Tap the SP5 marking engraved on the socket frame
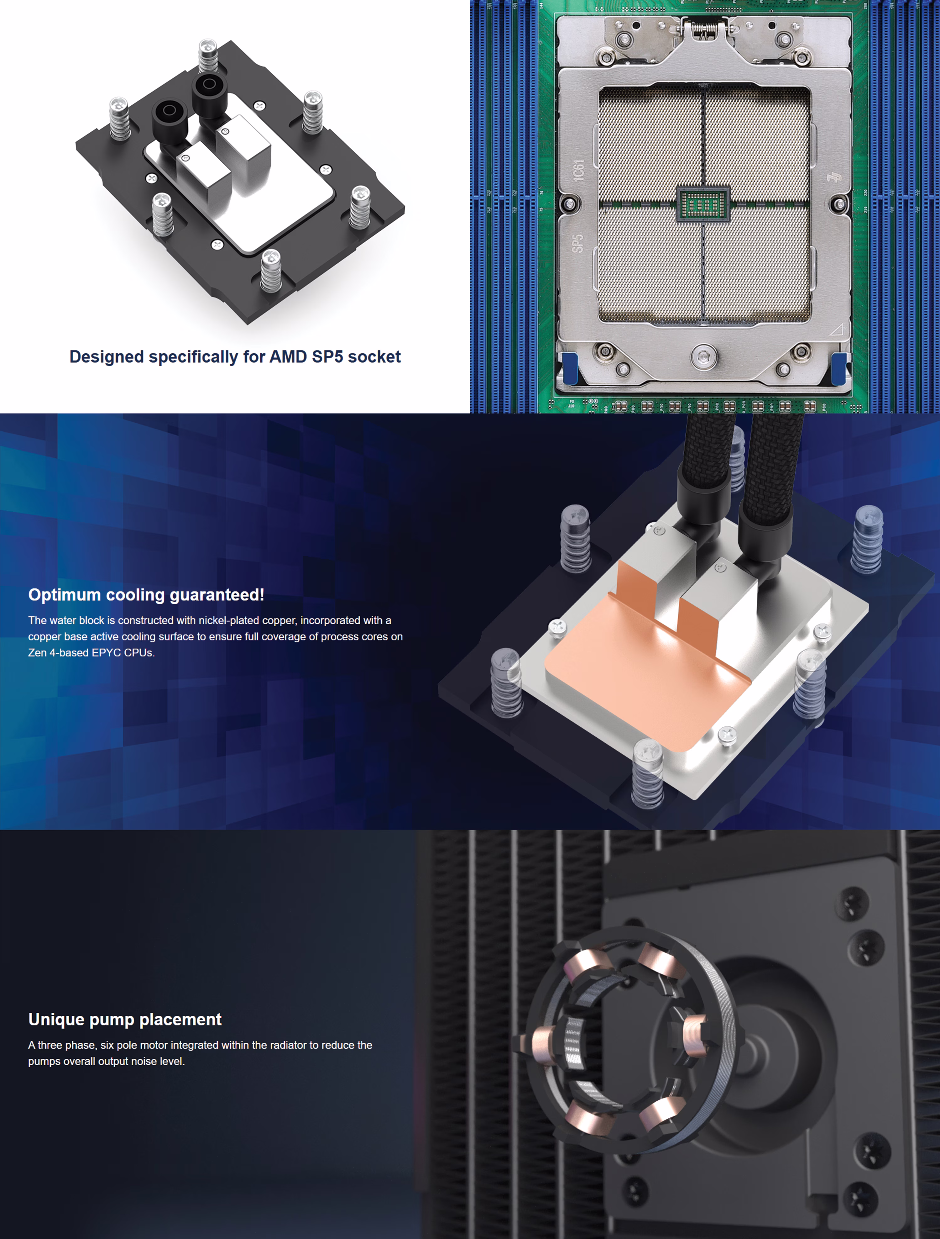point(577,243)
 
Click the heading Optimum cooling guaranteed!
point(146,595)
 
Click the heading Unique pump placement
point(125,1020)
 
